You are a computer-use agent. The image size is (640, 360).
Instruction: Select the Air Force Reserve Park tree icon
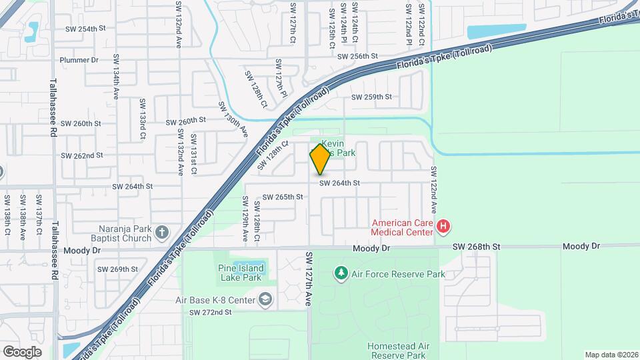[x=341, y=273]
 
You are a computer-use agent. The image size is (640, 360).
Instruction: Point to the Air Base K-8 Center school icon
[x=266, y=300]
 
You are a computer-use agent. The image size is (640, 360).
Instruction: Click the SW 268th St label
[x=476, y=247]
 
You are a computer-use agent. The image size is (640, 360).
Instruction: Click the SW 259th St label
[x=372, y=97]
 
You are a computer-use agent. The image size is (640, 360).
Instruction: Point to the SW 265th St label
[x=283, y=197]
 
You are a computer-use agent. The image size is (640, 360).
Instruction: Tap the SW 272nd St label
[x=210, y=312]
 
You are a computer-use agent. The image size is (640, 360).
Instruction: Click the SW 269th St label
[x=117, y=269]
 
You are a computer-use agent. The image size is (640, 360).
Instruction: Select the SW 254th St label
[x=86, y=29]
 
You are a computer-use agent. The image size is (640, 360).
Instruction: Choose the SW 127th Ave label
[x=309, y=279]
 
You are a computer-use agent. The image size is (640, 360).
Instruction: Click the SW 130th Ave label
[x=233, y=120]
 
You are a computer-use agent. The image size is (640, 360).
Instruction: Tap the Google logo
[x=22, y=351]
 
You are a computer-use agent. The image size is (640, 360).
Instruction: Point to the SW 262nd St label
[x=82, y=155]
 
